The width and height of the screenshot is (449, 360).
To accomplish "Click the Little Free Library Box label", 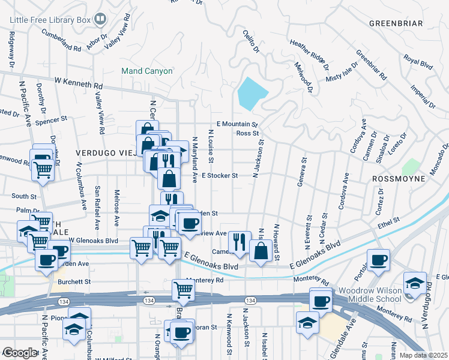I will [x=49, y=20].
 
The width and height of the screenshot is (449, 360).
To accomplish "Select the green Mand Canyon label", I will [x=147, y=71].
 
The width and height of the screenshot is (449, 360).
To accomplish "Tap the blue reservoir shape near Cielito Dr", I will [x=252, y=93].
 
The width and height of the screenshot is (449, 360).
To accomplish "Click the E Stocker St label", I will [x=220, y=176].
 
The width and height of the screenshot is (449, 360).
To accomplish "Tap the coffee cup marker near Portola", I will [x=378, y=260].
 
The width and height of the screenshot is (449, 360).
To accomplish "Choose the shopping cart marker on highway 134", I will [x=183, y=290].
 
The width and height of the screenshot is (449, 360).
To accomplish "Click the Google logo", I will [x=20, y=353].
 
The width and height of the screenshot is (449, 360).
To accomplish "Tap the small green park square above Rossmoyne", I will [x=411, y=166].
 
